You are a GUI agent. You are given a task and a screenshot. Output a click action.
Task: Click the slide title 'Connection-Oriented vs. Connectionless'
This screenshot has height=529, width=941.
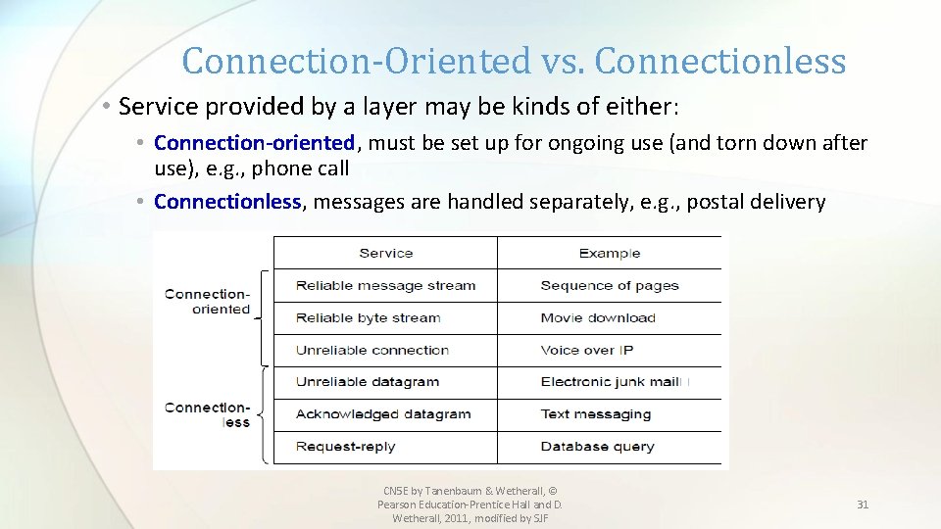pos(514,61)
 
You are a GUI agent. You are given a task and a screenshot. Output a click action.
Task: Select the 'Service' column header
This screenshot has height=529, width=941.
pos(385,253)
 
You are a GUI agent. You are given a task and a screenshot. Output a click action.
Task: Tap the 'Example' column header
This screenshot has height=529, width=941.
pos(609,253)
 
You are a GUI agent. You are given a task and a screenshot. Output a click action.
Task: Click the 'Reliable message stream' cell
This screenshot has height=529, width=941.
pos(385,286)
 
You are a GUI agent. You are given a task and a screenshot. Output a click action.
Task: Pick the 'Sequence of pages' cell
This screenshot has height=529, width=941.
pos(609,286)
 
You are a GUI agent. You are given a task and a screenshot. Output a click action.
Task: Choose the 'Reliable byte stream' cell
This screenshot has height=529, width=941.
pos(368,317)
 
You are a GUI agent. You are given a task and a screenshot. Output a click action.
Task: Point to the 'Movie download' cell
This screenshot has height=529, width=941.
pos(598,317)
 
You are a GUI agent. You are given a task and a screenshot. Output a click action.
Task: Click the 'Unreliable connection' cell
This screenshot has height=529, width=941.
pos(371,350)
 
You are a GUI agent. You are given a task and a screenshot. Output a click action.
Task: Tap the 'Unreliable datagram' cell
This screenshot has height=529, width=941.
pos(367,382)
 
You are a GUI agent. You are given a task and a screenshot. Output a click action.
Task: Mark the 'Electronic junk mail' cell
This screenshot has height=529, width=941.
pos(610,382)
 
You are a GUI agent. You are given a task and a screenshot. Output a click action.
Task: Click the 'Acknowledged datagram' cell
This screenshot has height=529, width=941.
pos(383,413)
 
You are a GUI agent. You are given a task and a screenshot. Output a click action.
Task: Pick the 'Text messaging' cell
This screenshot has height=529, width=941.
pos(595,413)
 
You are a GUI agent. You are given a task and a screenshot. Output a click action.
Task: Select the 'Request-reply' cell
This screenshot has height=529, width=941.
pos(345,446)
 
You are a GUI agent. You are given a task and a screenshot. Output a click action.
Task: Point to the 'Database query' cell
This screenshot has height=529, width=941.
pos(597,446)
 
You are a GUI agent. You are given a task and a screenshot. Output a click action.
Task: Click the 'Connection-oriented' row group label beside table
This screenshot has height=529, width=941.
pos(208,301)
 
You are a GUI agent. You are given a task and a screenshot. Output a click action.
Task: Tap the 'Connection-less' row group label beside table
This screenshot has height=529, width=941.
pos(208,414)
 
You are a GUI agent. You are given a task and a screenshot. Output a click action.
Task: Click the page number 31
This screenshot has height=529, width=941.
pos(863,505)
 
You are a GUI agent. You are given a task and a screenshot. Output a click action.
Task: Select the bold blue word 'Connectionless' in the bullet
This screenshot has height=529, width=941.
pos(227,202)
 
